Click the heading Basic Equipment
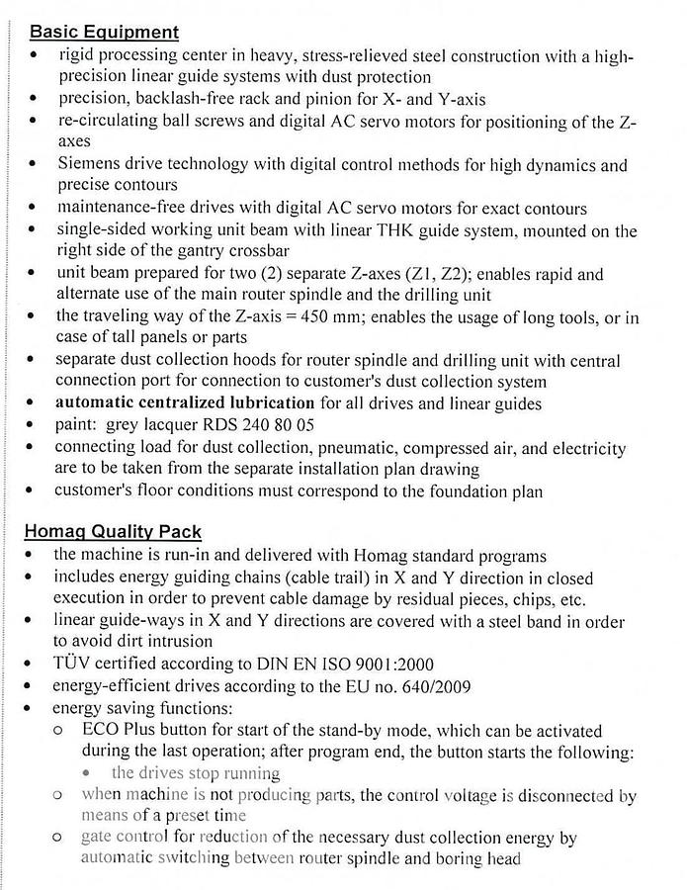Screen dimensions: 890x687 tap(102, 33)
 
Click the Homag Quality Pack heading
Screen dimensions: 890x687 tap(121, 533)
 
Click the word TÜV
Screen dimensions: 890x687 tap(73, 663)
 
